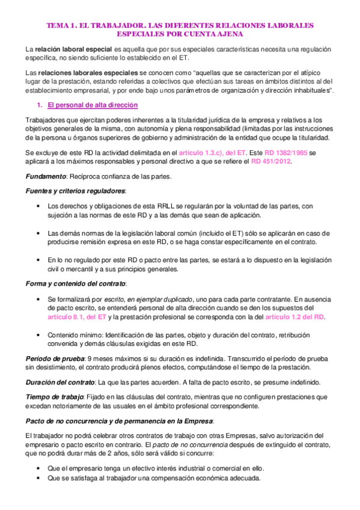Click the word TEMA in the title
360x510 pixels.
[58, 26]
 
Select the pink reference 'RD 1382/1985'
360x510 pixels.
[286, 153]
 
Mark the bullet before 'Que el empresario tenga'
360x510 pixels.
[39, 468]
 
